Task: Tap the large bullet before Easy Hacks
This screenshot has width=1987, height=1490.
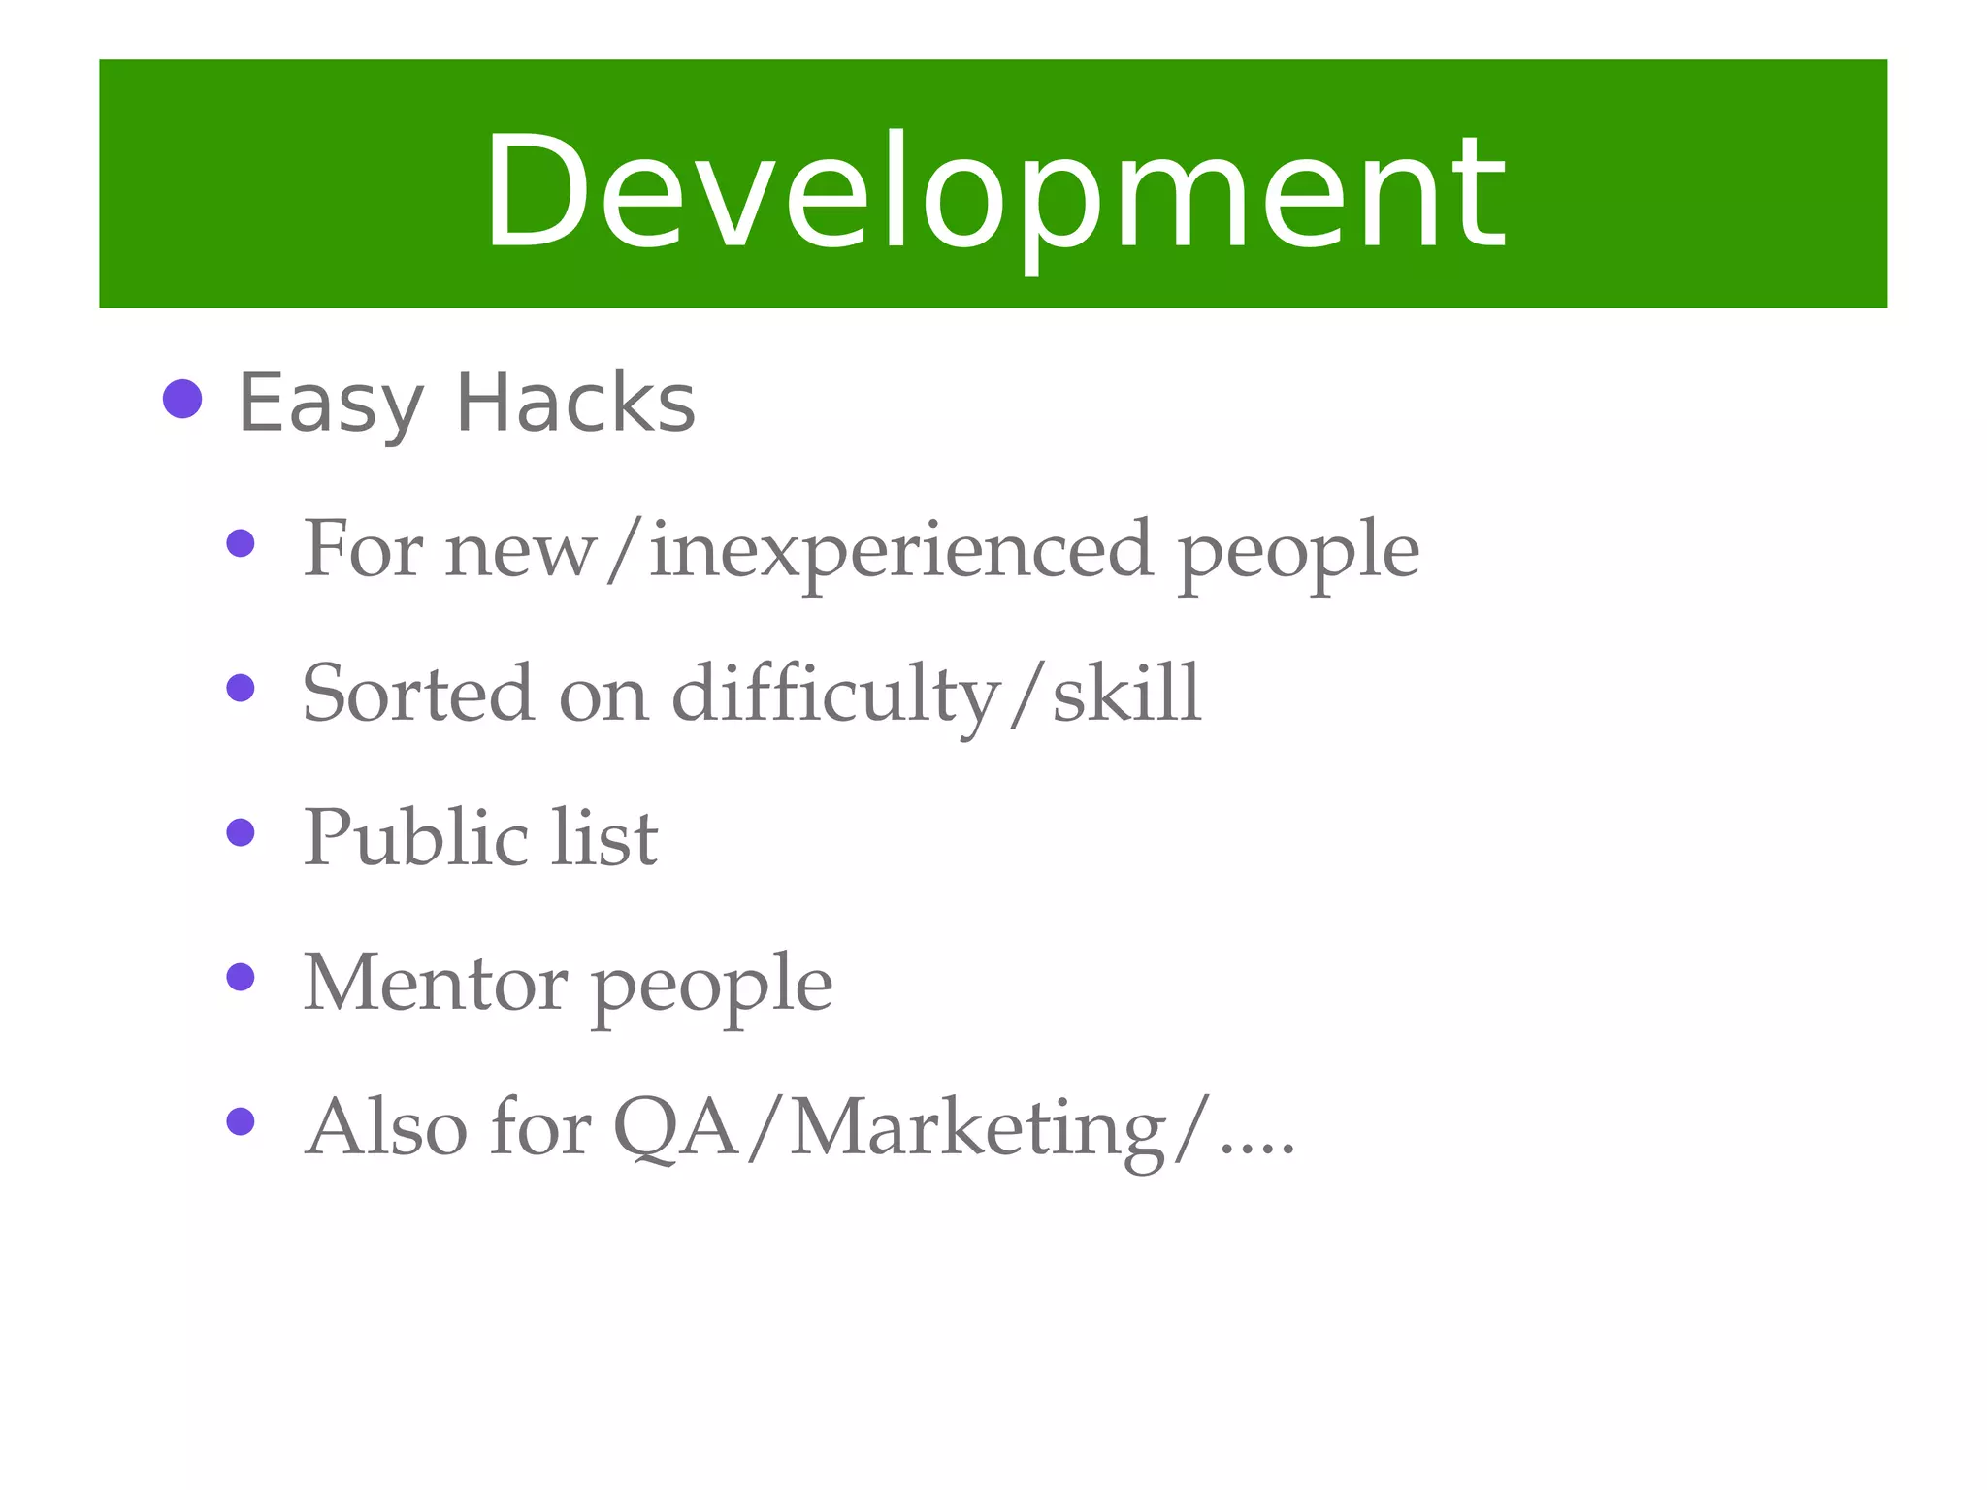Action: [x=182, y=399]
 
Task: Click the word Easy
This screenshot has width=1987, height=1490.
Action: [x=331, y=404]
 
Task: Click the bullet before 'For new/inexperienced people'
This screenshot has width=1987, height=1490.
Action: [x=240, y=543]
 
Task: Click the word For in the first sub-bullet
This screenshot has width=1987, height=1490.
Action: [x=363, y=549]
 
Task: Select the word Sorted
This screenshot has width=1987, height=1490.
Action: [x=417, y=695]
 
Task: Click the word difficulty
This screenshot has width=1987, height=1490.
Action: [x=835, y=695]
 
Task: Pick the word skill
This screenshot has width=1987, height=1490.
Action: [x=1126, y=693]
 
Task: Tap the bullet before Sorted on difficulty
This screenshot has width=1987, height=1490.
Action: [x=240, y=689]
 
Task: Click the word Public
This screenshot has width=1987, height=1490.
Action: [x=415, y=837]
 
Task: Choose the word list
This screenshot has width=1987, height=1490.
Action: [x=604, y=837]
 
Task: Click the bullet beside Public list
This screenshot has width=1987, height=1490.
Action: [x=240, y=832]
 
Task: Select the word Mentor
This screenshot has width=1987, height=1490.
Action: [x=435, y=983]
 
